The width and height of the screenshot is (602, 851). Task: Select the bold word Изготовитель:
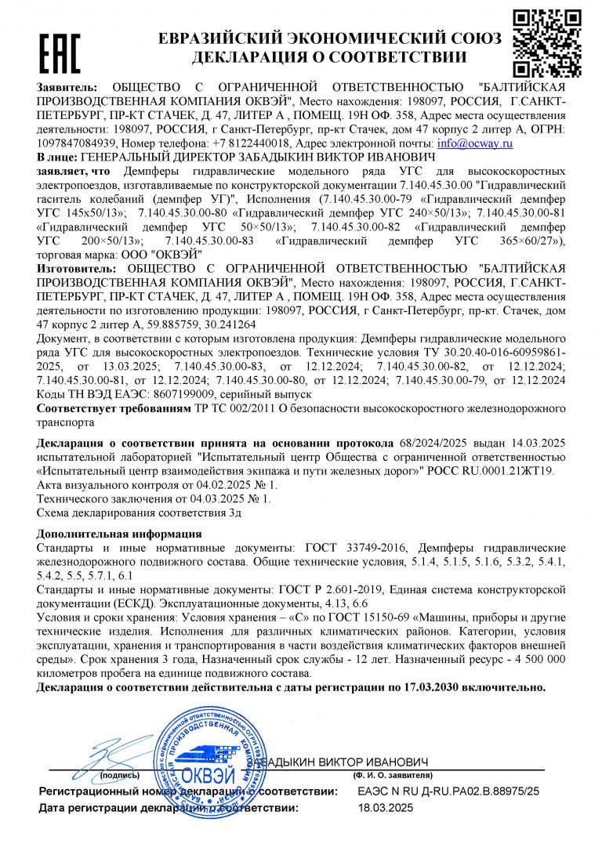76,269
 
